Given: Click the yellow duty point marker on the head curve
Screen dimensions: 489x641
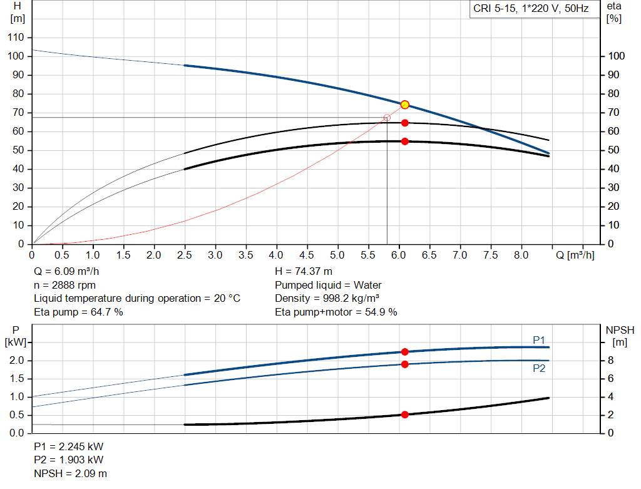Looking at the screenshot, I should tap(404, 105).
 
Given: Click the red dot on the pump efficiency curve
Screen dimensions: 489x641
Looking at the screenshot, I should tap(404, 123).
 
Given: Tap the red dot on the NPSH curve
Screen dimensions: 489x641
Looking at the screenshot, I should tap(404, 414).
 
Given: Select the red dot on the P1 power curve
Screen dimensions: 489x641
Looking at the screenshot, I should tap(404, 352).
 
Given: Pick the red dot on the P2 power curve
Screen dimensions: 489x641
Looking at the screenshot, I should tap(404, 364).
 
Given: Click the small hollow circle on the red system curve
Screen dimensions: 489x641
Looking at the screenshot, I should tap(386, 118).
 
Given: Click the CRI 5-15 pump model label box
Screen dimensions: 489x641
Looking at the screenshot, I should tap(531, 9).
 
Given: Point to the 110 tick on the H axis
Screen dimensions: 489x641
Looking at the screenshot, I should tap(16, 38).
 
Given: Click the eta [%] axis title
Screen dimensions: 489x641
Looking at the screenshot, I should tap(613, 12).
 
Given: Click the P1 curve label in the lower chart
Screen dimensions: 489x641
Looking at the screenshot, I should tap(539, 340).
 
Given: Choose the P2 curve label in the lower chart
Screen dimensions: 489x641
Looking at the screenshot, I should tap(539, 368).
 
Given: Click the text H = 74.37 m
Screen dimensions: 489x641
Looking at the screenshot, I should tap(304, 272).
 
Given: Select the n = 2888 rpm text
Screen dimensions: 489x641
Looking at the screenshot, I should tap(64, 285).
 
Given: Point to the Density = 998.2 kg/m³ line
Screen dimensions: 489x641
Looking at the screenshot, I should tap(327, 298).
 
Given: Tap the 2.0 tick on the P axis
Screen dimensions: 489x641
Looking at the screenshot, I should tap(16, 361).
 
